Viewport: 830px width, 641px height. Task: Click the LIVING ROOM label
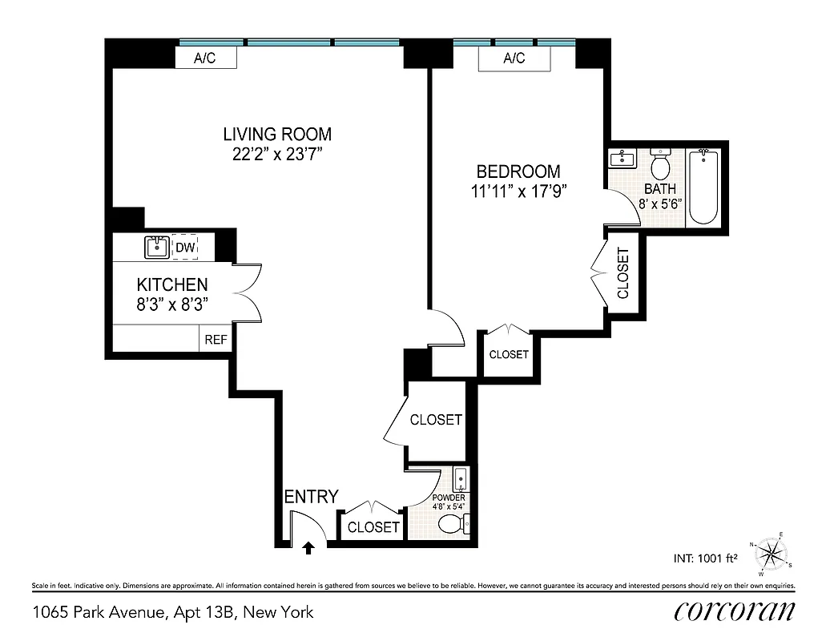coord(276,135)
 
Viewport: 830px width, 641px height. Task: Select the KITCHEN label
coord(172,284)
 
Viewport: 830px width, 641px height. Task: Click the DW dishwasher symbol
coord(185,248)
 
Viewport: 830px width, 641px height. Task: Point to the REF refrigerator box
coord(216,339)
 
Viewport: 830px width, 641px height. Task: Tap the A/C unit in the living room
coord(205,58)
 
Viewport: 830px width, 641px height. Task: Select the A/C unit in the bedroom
coord(514,58)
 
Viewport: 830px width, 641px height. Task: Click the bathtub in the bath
coord(704,187)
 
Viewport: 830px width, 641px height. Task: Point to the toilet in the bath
coord(660,166)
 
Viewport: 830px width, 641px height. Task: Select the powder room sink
coord(461,480)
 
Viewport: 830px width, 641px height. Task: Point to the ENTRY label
coord(312,497)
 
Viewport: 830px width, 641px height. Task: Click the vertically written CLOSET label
coord(622,272)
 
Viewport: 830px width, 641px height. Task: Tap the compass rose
coord(772,554)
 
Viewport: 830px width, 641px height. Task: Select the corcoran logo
coord(734,611)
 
